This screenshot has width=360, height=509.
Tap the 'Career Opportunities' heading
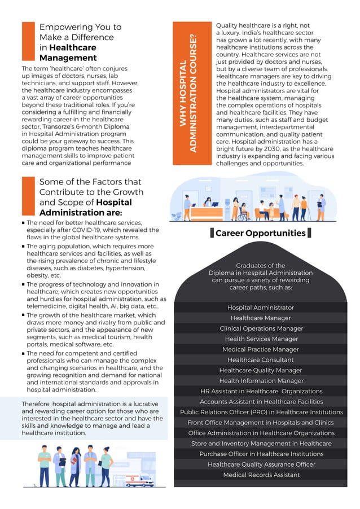click(260, 233)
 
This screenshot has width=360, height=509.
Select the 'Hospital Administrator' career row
click(260, 308)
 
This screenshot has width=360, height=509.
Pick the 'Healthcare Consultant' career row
click(260, 359)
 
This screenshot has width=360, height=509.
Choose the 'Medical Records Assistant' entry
click(260, 475)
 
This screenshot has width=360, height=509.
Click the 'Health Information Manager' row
click(260, 380)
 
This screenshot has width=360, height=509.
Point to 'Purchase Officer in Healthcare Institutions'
click(260, 454)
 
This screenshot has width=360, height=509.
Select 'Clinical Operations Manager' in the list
click(260, 328)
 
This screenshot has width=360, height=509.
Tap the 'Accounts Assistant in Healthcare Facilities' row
click(260, 401)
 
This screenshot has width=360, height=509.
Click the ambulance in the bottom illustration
click(138, 479)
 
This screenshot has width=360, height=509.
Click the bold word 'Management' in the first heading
click(68, 58)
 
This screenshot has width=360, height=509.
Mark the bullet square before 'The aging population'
click(23, 247)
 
